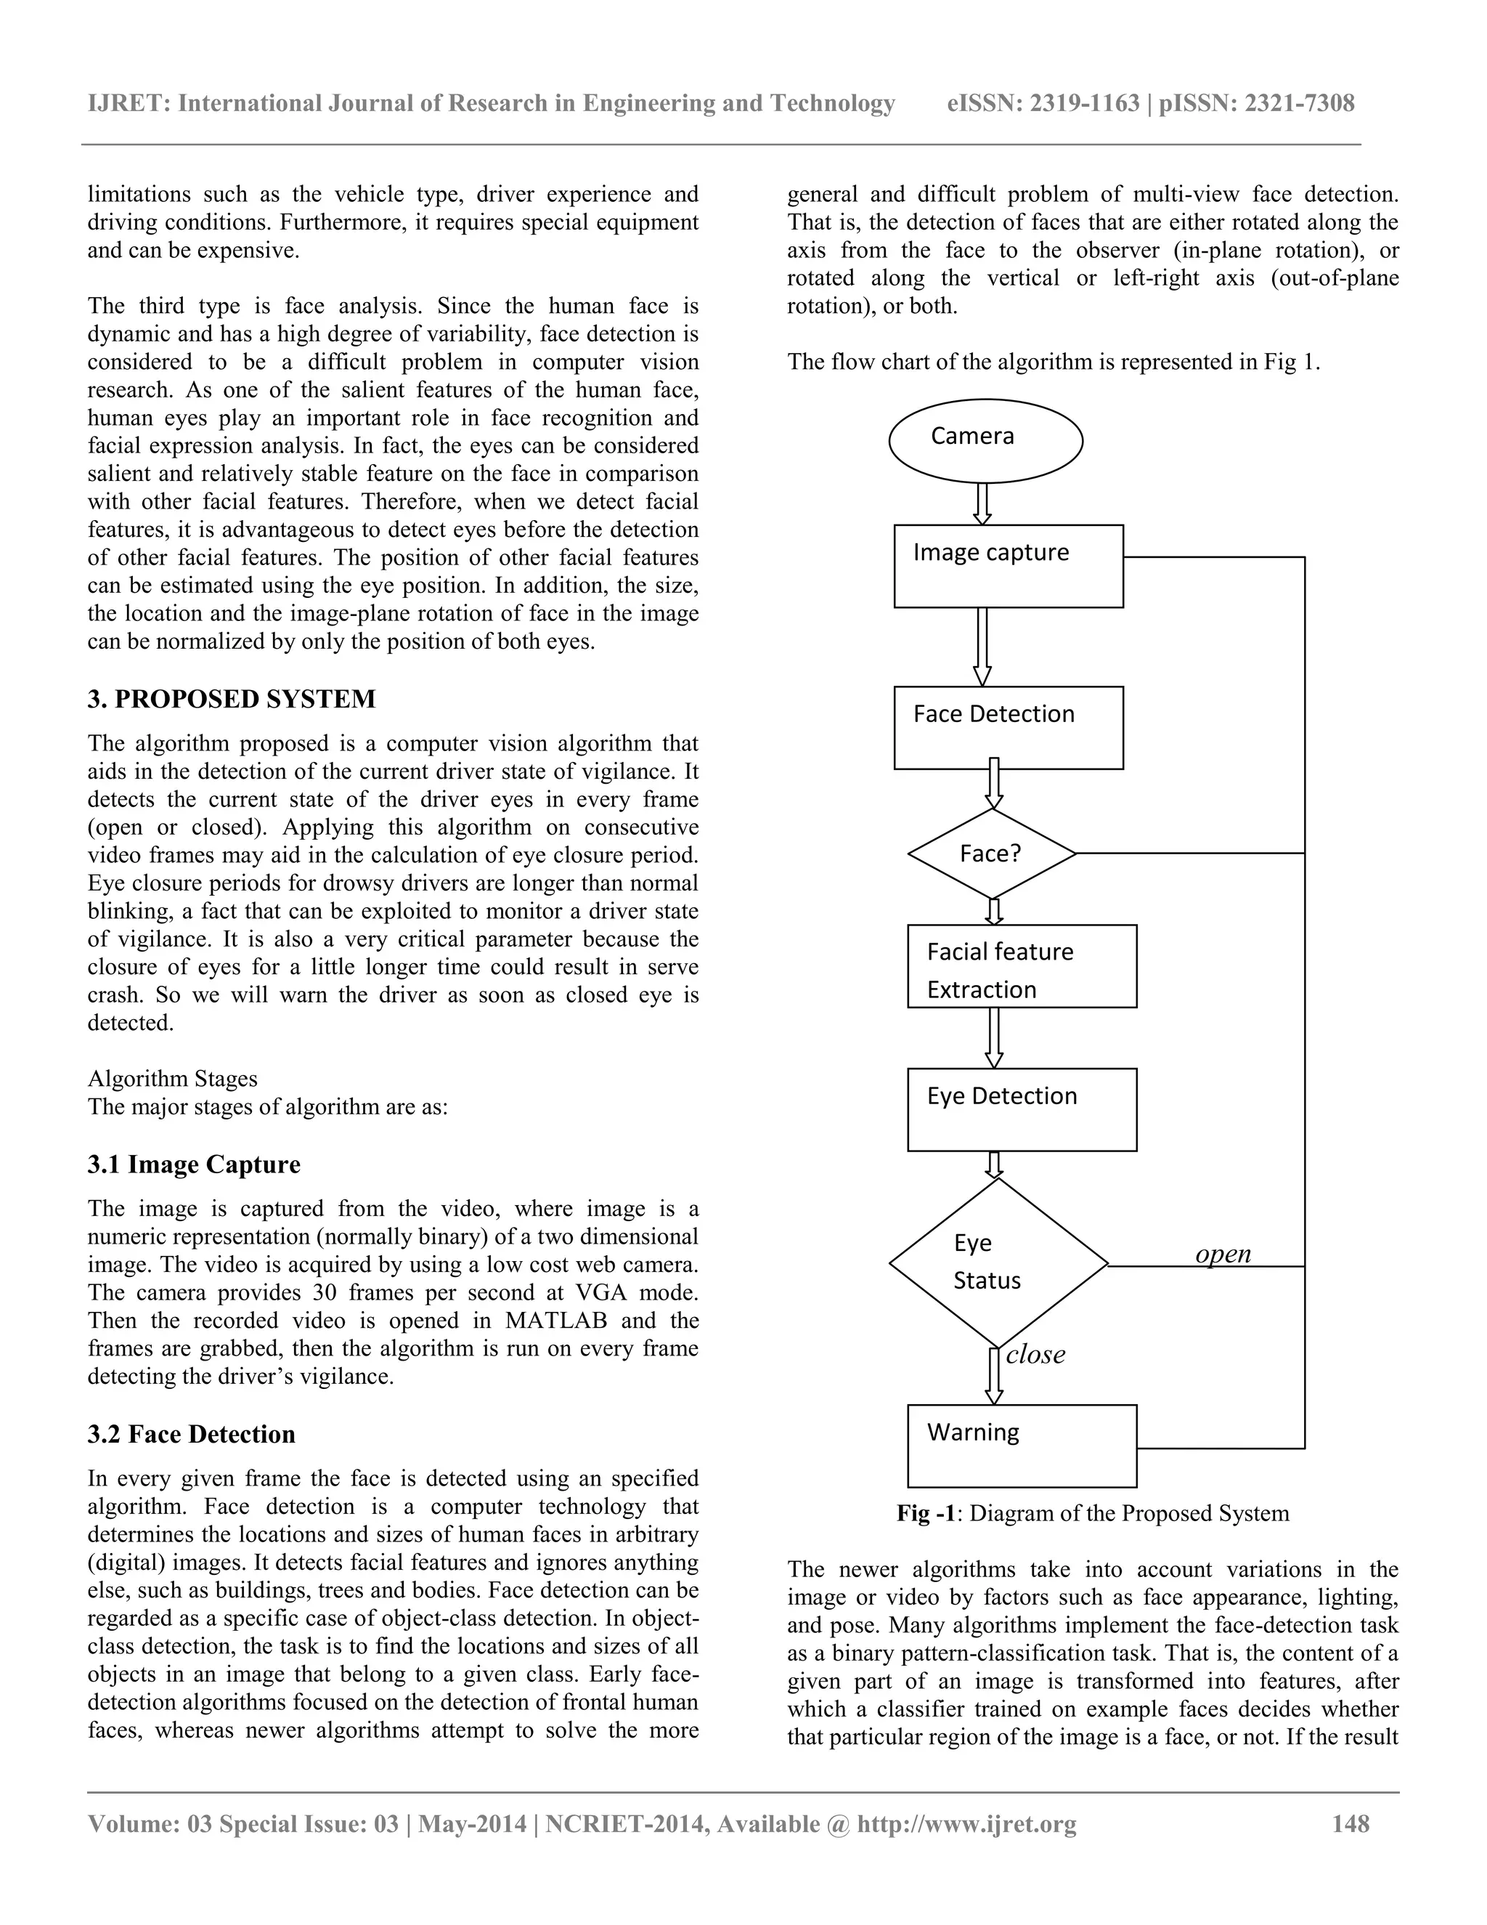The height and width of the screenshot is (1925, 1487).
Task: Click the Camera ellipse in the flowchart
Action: point(985,441)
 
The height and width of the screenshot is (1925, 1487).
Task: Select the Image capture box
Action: point(1008,566)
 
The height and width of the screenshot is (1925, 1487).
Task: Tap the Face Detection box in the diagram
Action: point(1008,727)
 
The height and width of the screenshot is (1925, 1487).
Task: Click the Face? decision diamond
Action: point(992,854)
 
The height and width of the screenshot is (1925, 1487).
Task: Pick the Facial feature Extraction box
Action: point(1021,966)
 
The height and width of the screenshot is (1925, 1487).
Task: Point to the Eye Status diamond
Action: point(997,1263)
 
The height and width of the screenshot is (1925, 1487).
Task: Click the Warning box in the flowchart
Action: point(1021,1446)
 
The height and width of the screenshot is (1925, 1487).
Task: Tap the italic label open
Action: point(1223,1253)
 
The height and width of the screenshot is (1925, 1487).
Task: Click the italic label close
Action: point(1035,1355)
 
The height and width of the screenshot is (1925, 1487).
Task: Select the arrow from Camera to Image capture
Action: point(983,504)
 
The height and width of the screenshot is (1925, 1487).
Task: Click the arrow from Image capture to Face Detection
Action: point(982,646)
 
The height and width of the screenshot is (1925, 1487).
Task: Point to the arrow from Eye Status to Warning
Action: point(994,1376)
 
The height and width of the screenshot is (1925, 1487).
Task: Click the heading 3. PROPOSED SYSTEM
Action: point(232,699)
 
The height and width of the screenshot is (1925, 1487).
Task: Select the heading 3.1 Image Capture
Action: point(194,1164)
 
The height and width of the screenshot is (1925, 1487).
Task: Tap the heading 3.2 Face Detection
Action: point(191,1434)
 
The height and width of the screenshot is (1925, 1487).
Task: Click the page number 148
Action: point(1350,1823)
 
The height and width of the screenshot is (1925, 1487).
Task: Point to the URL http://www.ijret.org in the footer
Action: point(966,1823)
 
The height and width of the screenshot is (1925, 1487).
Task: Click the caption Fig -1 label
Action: point(926,1513)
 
